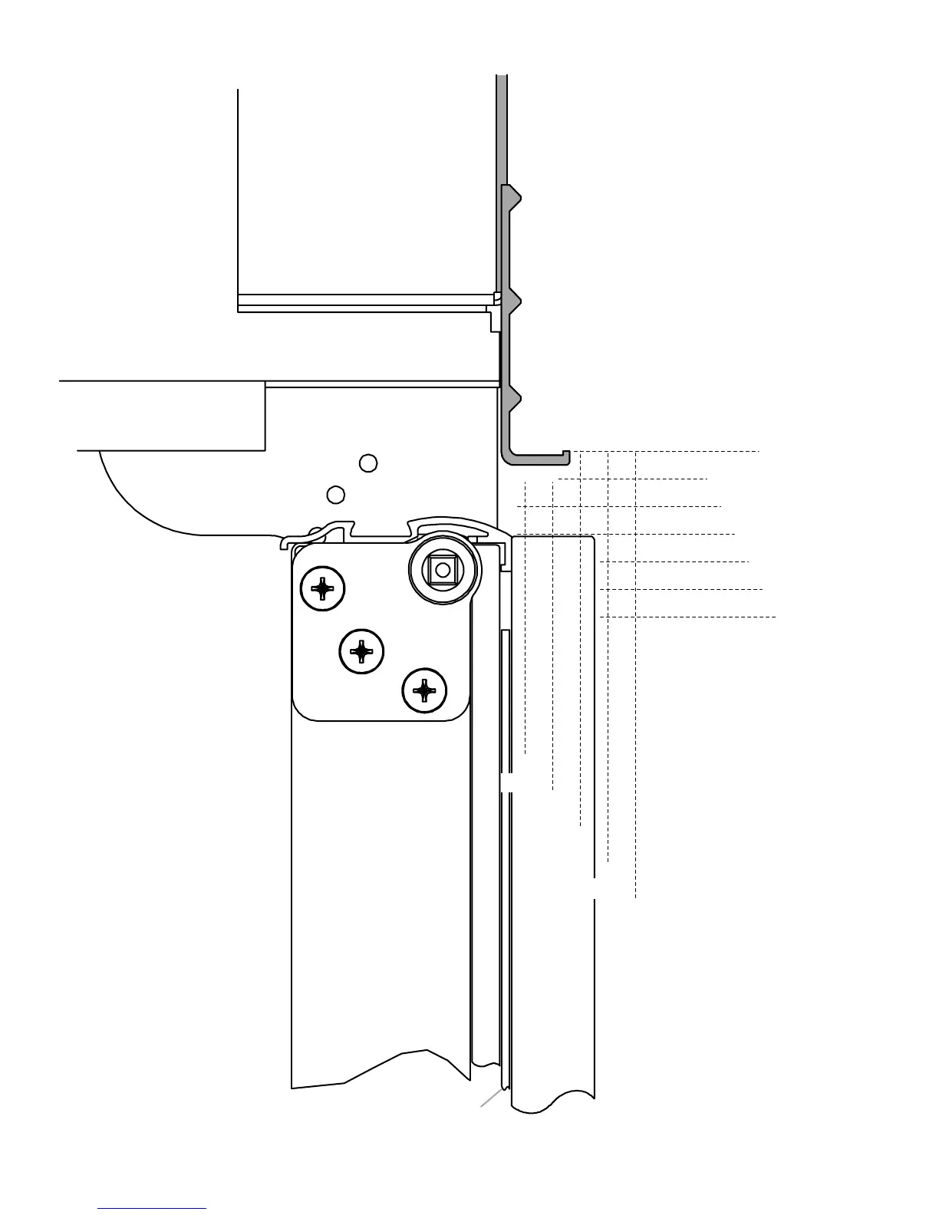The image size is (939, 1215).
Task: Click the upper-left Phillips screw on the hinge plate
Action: (x=323, y=589)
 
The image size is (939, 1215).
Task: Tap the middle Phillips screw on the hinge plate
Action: (x=361, y=652)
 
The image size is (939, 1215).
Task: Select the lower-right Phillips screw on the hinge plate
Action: (x=424, y=691)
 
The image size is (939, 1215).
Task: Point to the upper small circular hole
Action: (x=368, y=463)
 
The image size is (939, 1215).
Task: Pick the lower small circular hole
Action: (x=335, y=495)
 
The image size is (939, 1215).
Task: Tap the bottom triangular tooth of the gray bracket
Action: (x=514, y=397)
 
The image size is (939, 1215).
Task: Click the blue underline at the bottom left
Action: (x=152, y=1208)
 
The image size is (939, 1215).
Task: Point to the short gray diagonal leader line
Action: (x=491, y=1098)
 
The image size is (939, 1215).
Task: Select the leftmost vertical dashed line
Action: (x=526, y=614)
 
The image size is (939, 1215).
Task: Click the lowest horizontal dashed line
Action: (x=690, y=617)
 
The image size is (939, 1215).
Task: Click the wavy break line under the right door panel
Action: (x=552, y=1101)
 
